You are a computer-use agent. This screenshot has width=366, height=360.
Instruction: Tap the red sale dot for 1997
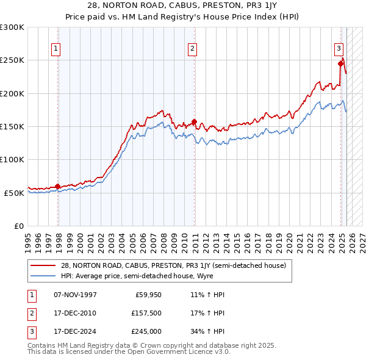pos(58,186)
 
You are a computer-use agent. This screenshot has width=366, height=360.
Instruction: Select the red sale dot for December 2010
pos(194,121)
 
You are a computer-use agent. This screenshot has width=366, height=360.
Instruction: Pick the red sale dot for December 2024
pos(340,63)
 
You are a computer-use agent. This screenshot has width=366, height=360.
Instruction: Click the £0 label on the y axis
pos(18,226)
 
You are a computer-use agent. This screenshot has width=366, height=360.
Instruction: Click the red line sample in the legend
pos(43,265)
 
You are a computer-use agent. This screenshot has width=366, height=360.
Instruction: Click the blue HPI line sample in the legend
pos(43,276)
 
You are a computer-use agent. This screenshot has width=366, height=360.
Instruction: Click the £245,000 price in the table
pos(146,332)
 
